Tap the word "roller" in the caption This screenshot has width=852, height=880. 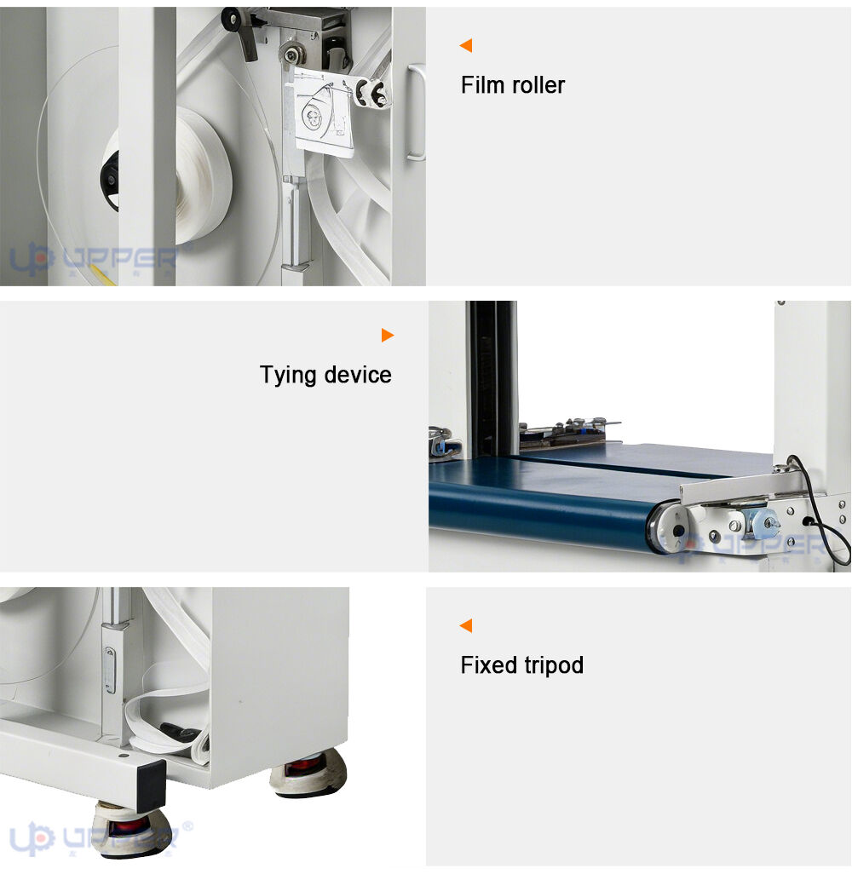536,85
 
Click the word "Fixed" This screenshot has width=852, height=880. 488,665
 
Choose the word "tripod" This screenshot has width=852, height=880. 554,666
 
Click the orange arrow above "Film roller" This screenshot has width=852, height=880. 466,45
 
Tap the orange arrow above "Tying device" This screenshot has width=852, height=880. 388,335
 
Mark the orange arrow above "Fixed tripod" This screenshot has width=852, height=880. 466,625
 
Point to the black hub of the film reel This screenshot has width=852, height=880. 110,181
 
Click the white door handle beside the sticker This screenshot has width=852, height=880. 416,112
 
